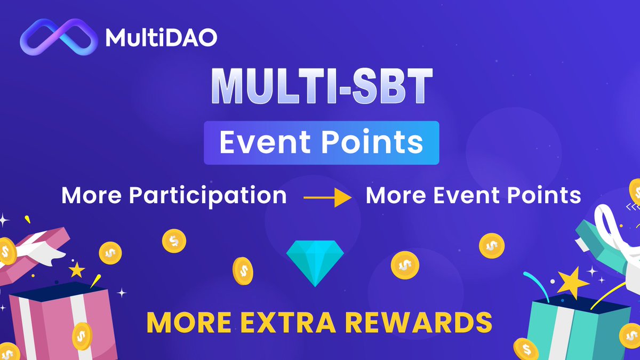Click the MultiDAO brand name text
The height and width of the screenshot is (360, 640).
pyautogui.click(x=161, y=38)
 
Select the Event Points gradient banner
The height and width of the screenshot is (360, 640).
pyautogui.click(x=321, y=143)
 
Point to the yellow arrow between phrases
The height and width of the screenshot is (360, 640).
pyautogui.click(x=327, y=199)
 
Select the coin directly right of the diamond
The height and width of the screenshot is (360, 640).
pyautogui.click(x=405, y=264)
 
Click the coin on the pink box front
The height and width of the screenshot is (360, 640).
pyautogui.click(x=82, y=335)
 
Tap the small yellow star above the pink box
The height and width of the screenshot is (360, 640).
pyautogui.click(x=76, y=270)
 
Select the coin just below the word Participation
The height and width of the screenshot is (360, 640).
pyautogui.click(x=174, y=241)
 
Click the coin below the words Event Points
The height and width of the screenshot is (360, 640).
pyautogui.click(x=491, y=246)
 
